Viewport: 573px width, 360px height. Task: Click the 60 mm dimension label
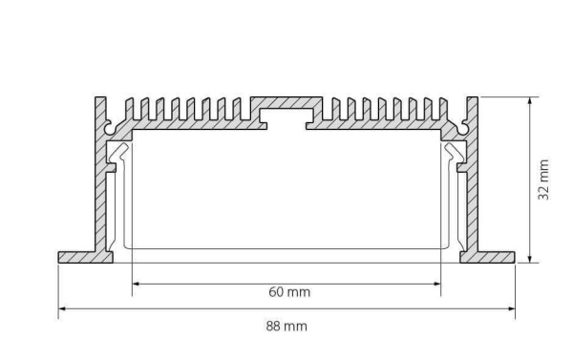(290, 291)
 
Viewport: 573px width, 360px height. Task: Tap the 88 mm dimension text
(286, 327)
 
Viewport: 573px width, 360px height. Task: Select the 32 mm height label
(543, 179)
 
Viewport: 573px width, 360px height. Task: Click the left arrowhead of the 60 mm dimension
(136, 283)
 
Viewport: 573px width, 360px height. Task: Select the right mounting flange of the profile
(492, 256)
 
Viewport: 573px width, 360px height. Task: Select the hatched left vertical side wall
(100, 191)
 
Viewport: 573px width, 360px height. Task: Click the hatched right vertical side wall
(472, 191)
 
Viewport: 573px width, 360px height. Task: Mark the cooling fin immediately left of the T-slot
(241, 108)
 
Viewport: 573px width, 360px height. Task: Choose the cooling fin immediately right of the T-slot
(332, 108)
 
